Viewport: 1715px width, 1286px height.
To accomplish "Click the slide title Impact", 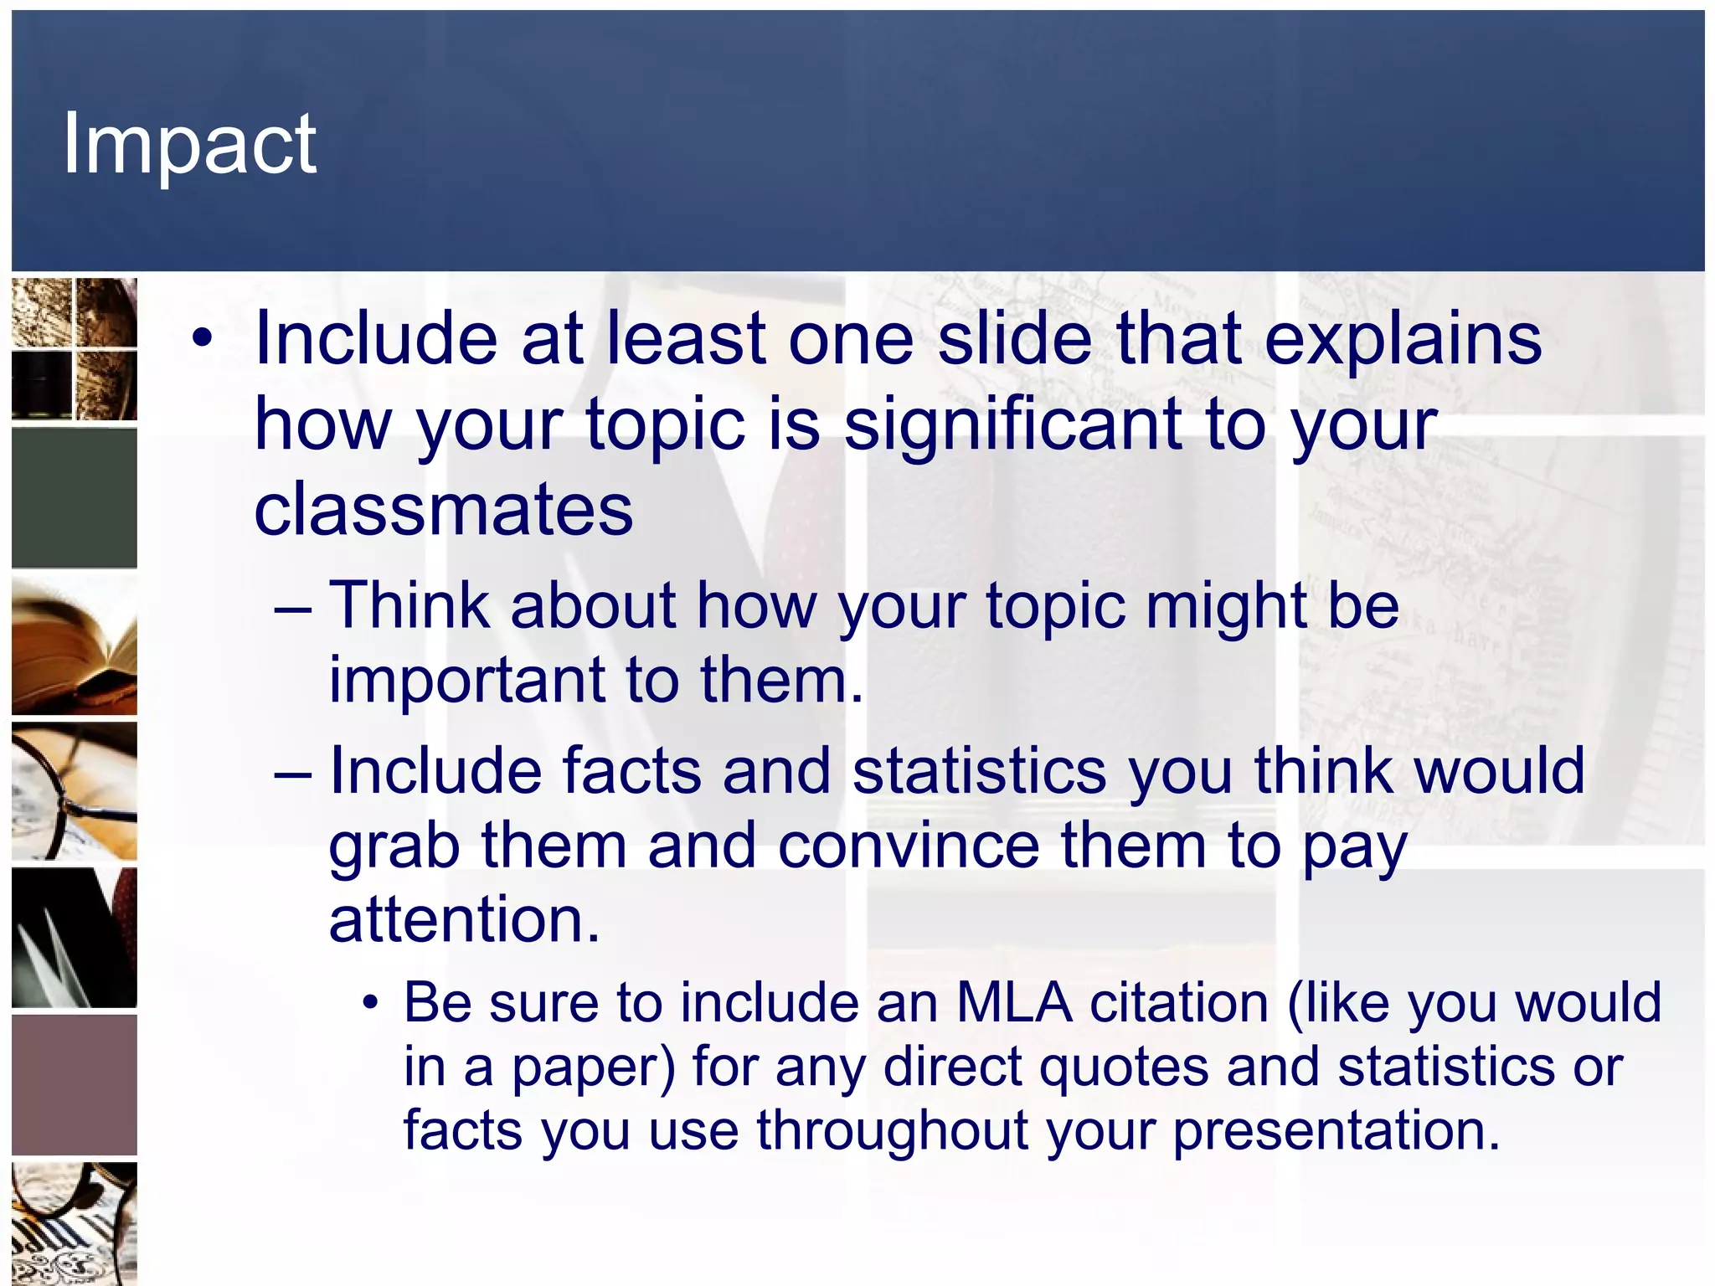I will click(189, 144).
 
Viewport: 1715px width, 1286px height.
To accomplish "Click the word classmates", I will click(443, 510).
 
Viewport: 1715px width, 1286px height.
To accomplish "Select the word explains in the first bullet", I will click(1403, 338).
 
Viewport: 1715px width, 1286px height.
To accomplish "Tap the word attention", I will click(464, 919).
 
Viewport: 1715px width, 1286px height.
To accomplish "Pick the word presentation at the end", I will click(1336, 1130).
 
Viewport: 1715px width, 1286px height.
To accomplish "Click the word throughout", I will click(893, 1130).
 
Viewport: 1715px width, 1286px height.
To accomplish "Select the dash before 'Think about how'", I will click(292, 606).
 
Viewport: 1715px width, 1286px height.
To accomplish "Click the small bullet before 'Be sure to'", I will click(371, 1003).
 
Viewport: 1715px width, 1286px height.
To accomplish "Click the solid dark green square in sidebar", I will click(75, 498).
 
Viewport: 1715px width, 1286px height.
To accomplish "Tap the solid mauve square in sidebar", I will click(75, 1085).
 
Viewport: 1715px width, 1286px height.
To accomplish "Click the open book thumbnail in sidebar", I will click(75, 646).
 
